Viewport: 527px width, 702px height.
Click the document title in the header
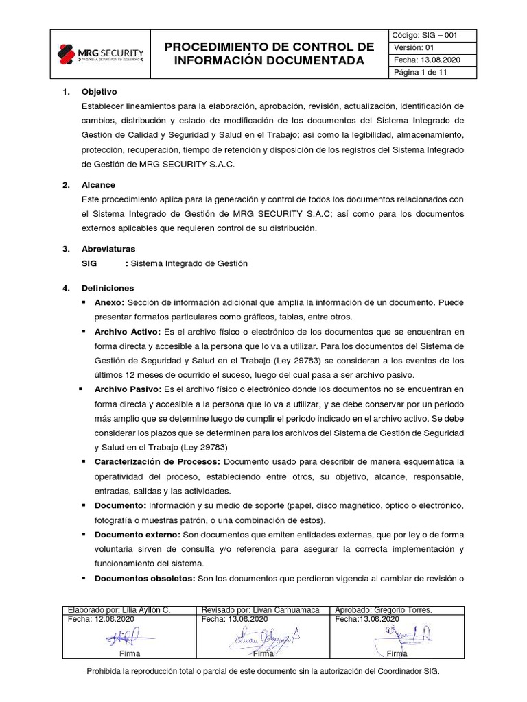[269, 53]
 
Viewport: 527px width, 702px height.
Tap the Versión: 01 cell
[414, 47]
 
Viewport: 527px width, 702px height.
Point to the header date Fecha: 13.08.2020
[426, 60]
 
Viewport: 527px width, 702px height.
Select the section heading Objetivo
[99, 92]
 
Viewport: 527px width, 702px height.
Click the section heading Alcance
[98, 185]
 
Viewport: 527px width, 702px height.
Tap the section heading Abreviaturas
[108, 248]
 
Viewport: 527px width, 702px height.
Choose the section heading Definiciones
[108, 288]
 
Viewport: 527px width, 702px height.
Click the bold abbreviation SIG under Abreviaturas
[90, 263]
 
